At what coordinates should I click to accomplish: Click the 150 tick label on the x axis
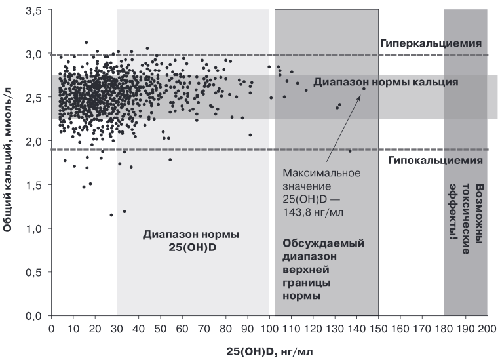click(x=379, y=329)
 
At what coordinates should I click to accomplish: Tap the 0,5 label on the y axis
click(x=34, y=273)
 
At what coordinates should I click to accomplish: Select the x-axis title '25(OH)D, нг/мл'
click(x=269, y=351)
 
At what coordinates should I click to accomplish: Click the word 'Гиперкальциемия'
click(x=431, y=43)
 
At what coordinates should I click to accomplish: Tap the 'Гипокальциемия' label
click(x=435, y=160)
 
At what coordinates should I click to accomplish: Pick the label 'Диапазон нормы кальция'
click(x=386, y=82)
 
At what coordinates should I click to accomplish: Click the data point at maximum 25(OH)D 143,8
click(x=364, y=89)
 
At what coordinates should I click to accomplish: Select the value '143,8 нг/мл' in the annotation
click(x=313, y=212)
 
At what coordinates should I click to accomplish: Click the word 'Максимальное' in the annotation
click(x=322, y=173)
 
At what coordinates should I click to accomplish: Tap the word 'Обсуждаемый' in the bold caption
click(x=323, y=243)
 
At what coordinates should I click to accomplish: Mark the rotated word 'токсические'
click(x=466, y=218)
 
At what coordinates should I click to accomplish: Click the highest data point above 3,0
click(x=86, y=43)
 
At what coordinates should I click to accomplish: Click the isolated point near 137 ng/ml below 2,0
click(x=350, y=151)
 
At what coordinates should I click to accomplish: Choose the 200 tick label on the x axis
click(x=488, y=329)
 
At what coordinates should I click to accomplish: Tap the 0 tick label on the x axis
click(x=51, y=329)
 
